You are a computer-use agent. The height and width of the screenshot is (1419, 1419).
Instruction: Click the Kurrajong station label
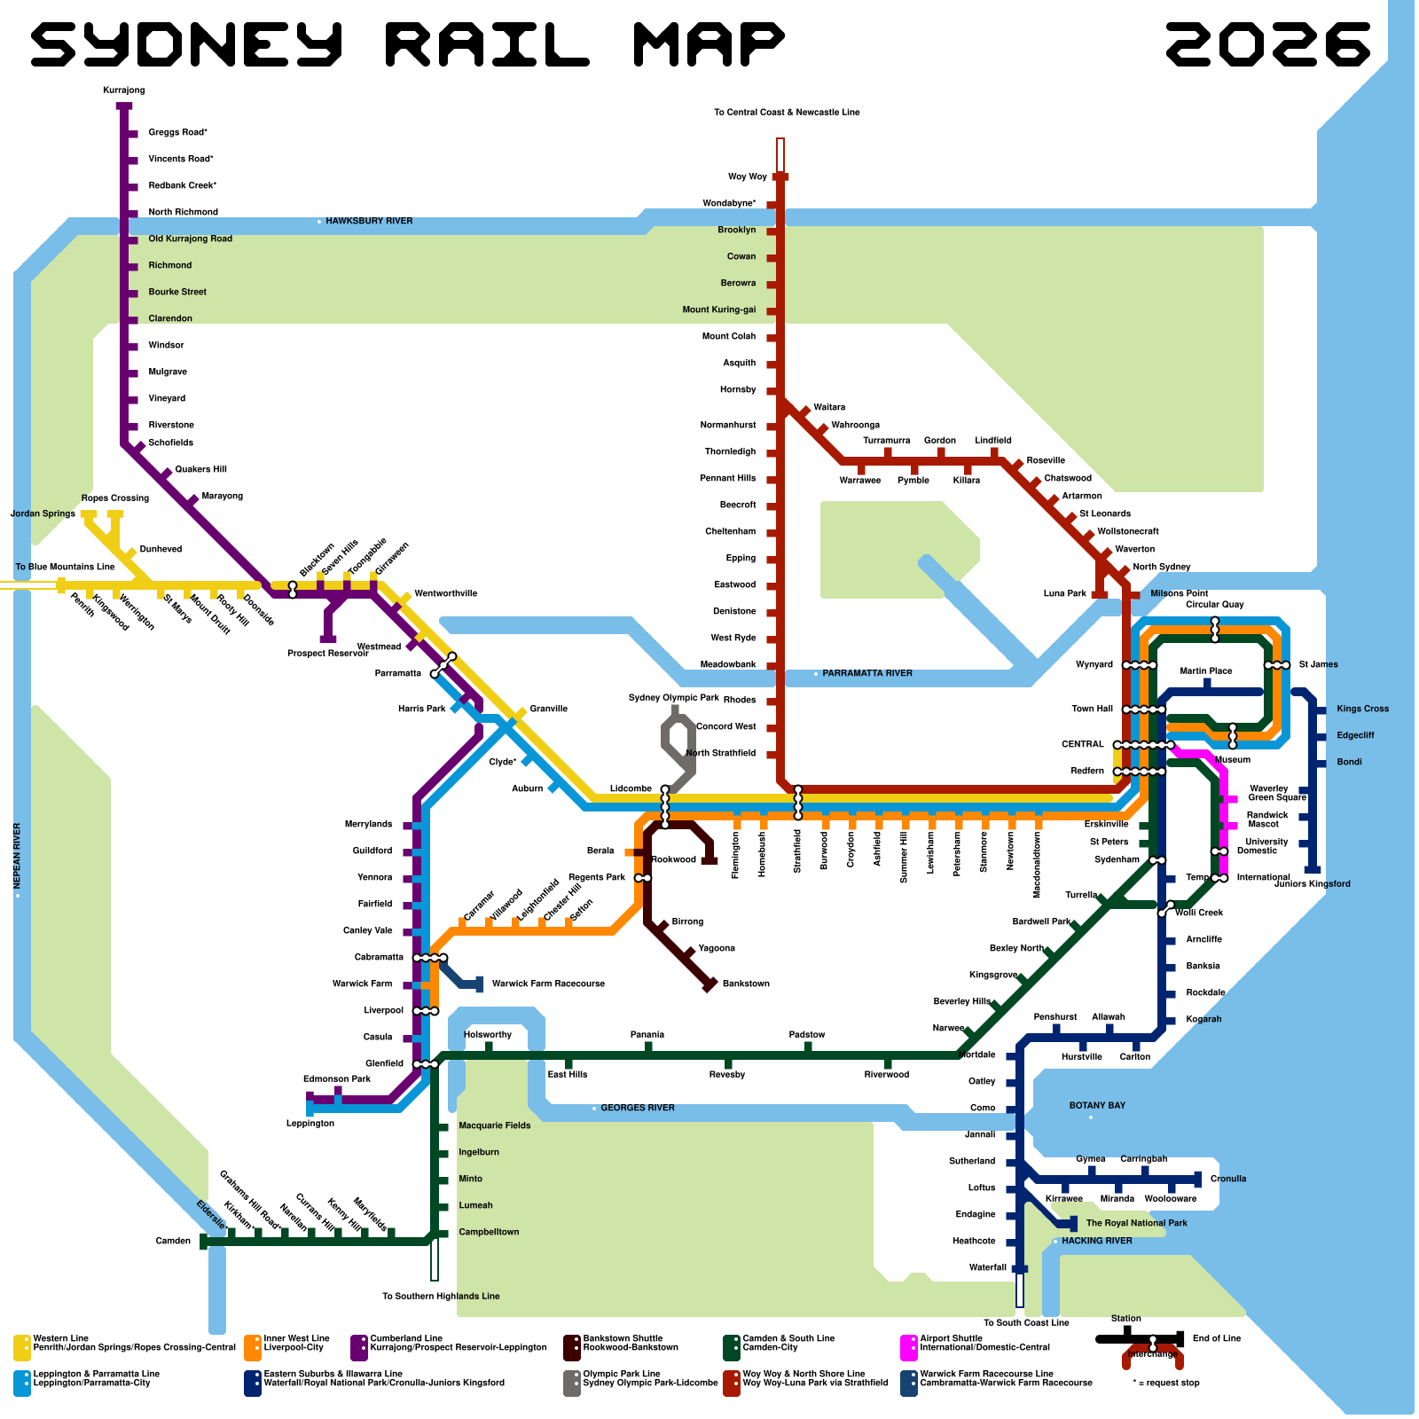tap(123, 90)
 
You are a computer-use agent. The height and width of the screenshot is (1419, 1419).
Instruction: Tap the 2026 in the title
tap(1268, 44)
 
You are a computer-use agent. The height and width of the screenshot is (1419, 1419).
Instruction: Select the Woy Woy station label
tap(747, 177)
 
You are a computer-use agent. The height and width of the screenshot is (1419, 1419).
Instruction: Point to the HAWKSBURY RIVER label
tap(369, 221)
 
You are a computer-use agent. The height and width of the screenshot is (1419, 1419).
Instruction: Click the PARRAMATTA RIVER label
tap(866, 674)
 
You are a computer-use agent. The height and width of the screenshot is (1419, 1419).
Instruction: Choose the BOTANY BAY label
tap(1097, 1106)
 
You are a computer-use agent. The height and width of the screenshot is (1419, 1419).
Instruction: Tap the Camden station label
tap(173, 1241)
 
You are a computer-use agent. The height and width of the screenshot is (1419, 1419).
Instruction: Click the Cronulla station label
tap(1228, 1179)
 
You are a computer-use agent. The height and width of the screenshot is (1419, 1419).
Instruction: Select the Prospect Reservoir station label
tap(327, 654)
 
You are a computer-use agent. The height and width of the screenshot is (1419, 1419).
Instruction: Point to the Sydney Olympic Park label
tap(673, 698)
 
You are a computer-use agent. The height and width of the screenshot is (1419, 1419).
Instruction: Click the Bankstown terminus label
tap(746, 984)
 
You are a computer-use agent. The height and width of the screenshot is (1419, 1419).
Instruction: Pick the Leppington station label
tap(310, 1124)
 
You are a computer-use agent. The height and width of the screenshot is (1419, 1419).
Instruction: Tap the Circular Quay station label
tap(1215, 605)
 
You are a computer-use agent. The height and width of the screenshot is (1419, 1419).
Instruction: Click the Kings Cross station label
tap(1362, 709)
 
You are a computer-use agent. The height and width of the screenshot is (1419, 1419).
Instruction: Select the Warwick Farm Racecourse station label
tap(548, 984)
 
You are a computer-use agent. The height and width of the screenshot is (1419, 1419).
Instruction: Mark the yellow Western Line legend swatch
tap(22, 1347)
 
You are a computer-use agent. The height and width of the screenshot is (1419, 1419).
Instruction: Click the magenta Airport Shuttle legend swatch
tap(908, 1347)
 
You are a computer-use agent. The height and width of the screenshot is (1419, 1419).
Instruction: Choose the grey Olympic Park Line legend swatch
tap(572, 1383)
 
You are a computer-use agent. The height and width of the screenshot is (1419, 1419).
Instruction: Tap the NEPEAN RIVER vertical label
tap(17, 856)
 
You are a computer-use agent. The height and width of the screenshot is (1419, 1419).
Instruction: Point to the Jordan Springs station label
tap(43, 514)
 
